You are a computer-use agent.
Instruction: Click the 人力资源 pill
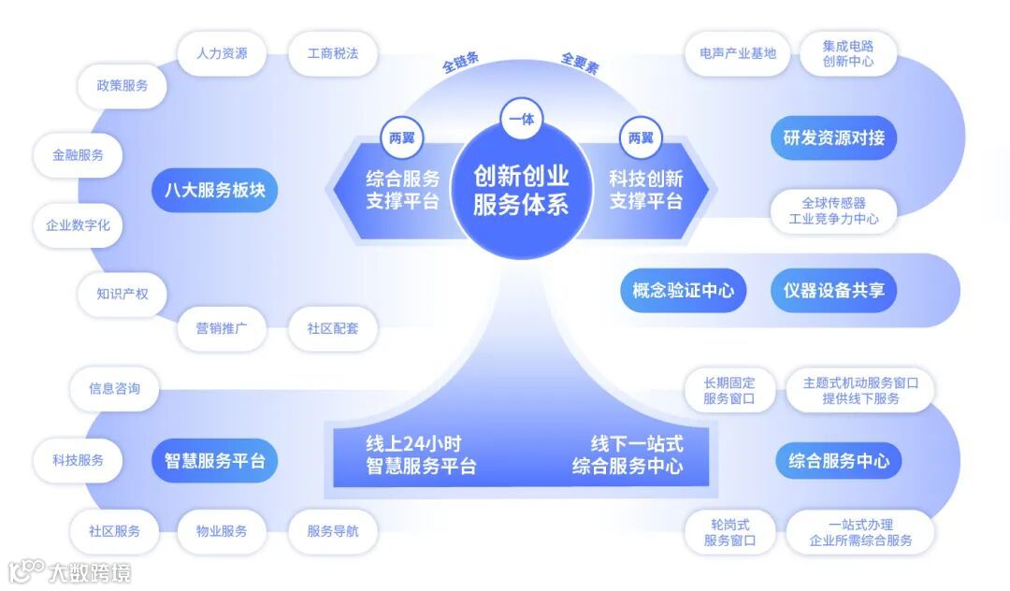pyautogui.click(x=222, y=53)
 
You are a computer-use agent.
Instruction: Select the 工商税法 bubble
pyautogui.click(x=333, y=53)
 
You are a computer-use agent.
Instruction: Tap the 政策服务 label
pyautogui.click(x=123, y=85)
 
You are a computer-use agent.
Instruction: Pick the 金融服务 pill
pyautogui.click(x=79, y=155)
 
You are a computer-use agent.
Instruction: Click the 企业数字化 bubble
pyautogui.click(x=79, y=225)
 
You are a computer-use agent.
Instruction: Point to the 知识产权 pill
pyautogui.click(x=123, y=294)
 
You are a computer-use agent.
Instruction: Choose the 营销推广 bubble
pyautogui.click(x=222, y=328)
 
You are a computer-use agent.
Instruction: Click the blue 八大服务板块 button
pyautogui.click(x=215, y=190)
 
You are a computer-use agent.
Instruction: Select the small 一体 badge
pyautogui.click(x=521, y=119)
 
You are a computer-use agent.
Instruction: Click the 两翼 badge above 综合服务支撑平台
pyautogui.click(x=401, y=137)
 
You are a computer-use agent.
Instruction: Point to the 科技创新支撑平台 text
pyautogui.click(x=646, y=190)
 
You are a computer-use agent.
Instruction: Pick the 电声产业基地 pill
pyautogui.click(x=738, y=53)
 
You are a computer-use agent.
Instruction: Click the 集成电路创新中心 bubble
pyautogui.click(x=848, y=53)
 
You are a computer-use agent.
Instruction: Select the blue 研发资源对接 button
pyautogui.click(x=834, y=138)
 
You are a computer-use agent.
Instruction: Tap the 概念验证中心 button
pyautogui.click(x=683, y=291)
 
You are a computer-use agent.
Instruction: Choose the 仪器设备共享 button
pyautogui.click(x=834, y=291)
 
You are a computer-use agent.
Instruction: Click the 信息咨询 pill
pyautogui.click(x=114, y=388)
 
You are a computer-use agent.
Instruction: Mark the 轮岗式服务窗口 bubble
pyautogui.click(x=729, y=532)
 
